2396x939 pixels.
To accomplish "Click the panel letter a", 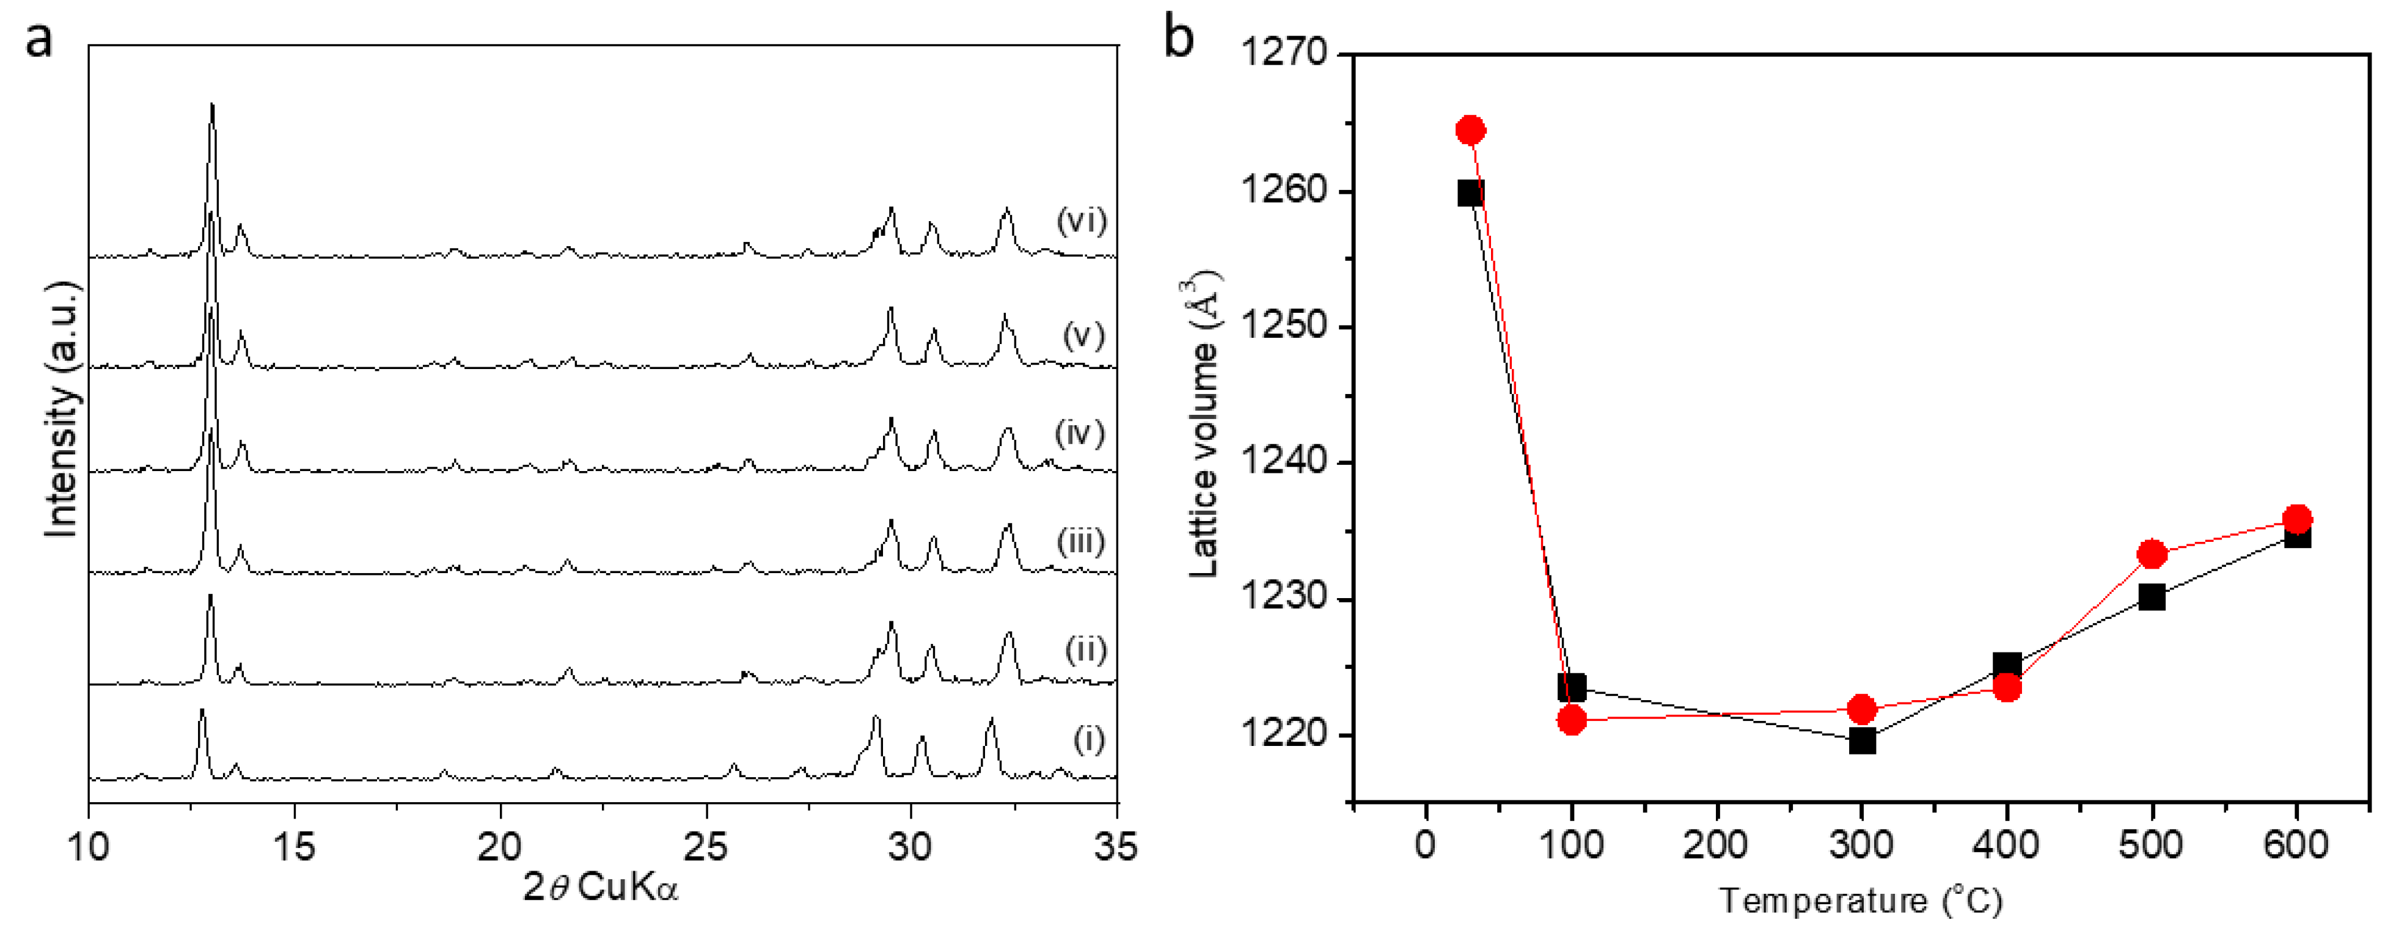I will (x=39, y=42).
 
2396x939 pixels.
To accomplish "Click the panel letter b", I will (x=1179, y=39).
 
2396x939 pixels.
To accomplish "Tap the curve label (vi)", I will (x=1082, y=221).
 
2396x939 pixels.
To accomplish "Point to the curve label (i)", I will (x=1089, y=739).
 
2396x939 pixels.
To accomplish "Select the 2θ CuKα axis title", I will (x=600, y=888).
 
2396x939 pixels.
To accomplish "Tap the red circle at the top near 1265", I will (x=1470, y=130).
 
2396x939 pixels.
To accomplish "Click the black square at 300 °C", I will (x=1861, y=741).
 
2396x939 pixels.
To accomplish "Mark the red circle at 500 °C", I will (x=2152, y=554).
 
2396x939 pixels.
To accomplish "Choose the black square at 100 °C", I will (x=1571, y=688).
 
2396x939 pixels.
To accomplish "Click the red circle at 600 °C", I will (x=2296, y=519).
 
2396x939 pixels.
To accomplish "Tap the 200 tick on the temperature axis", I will (x=1716, y=845).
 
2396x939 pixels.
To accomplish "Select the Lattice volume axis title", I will (x=1204, y=423).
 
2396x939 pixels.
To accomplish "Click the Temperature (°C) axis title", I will (x=1860, y=900).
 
